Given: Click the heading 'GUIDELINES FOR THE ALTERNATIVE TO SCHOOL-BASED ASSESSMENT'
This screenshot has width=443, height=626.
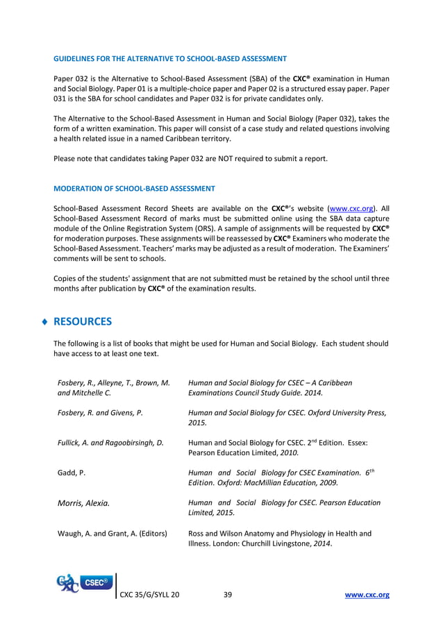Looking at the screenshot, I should (x=170, y=58).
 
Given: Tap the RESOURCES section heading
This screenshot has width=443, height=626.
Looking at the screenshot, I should (x=82, y=322).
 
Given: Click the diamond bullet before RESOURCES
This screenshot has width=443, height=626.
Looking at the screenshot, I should (x=45, y=322).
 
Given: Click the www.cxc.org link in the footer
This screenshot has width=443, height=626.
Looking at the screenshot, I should (x=367, y=595).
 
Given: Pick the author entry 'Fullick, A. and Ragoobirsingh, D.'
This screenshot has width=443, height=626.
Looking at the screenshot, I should (x=110, y=443).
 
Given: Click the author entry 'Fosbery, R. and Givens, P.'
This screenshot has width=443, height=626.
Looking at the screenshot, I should (x=100, y=412).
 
